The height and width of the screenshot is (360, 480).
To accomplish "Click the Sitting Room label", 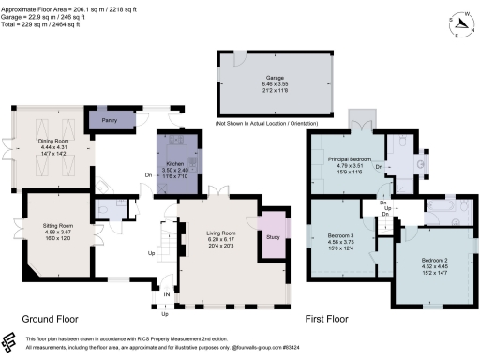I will point(57,226).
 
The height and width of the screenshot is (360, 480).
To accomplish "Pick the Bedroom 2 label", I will point(434,259).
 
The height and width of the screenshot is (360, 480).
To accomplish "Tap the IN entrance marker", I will point(167,297).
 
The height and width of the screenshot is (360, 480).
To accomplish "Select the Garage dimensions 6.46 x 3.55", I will point(275,84).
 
